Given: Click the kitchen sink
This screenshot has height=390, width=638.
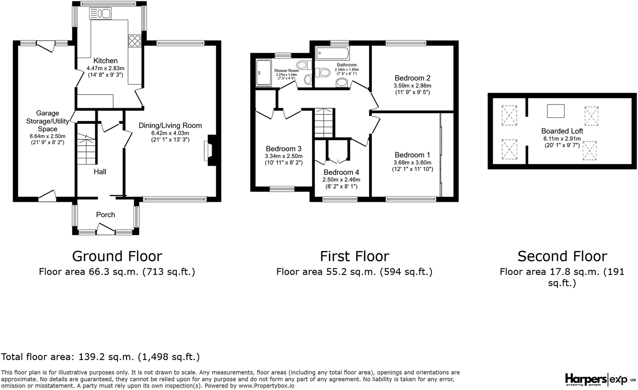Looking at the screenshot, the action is pos(100,14).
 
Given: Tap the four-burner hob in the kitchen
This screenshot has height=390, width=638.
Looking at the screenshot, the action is pos(135,40).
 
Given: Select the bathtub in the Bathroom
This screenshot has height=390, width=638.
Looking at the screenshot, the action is pos(332,53).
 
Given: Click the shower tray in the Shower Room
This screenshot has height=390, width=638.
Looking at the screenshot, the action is pos(263,73).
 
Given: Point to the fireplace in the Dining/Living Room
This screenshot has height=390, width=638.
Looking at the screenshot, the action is pos(211,150).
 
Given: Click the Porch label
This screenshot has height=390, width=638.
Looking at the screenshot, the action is pos(106,215).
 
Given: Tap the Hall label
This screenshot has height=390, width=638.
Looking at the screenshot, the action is pos(100,172).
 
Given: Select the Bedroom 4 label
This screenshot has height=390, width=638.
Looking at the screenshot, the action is pos(341,172).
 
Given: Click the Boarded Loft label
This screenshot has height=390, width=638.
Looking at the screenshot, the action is pos(562,131).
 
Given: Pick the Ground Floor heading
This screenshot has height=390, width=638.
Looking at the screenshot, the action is pos(117,256).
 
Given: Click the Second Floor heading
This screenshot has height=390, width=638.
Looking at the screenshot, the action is pos(562,256).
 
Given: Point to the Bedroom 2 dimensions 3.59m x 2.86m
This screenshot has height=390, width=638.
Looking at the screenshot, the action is pos(412,86).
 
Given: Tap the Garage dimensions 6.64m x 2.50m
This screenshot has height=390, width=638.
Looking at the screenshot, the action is pos(48,136).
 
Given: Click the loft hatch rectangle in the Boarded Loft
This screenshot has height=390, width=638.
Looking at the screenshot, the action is pos(555,111).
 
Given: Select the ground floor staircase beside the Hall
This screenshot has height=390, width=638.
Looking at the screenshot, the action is pos(86,144).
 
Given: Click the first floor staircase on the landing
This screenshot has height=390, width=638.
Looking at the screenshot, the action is pos(324,123).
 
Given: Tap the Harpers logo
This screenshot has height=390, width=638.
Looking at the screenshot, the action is pos(585,379).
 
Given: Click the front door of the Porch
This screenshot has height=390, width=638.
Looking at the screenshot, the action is pos(106,229).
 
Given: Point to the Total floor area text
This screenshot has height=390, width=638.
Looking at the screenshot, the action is pos(100,357).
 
